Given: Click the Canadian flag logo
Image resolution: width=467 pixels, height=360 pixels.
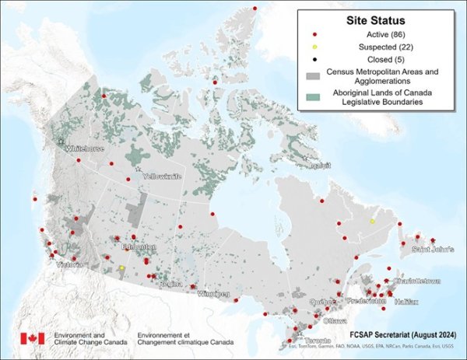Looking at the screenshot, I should coord(32,338).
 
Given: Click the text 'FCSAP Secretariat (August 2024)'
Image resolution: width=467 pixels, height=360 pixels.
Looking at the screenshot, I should coord(403,333).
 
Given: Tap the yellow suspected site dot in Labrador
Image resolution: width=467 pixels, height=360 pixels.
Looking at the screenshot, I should coord(372,222).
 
